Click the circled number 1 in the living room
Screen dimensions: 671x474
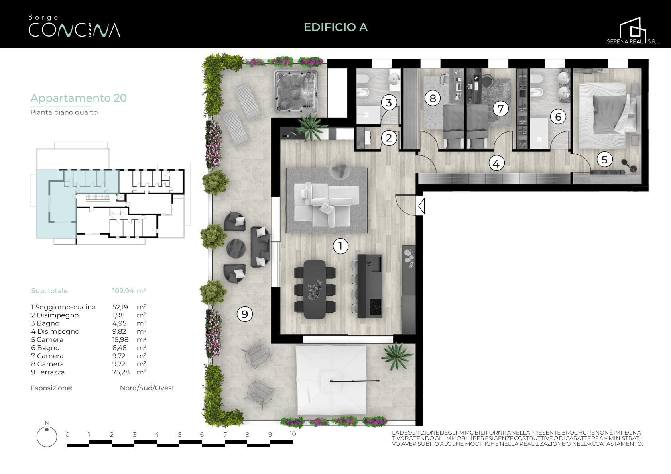click(340, 246)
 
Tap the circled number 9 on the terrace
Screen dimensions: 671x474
click(245, 314)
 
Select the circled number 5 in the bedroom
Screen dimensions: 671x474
click(604, 159)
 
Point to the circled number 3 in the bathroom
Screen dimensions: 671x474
click(389, 102)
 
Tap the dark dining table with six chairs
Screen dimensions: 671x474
click(315, 289)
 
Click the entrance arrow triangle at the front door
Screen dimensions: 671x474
click(421, 206)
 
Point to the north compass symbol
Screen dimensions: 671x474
click(47, 435)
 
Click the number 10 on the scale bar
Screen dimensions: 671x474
click(293, 434)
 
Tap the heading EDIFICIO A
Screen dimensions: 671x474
click(336, 27)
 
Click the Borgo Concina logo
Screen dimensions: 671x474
click(74, 26)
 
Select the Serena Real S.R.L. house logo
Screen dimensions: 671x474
click(634, 31)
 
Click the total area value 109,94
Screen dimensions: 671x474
click(123, 290)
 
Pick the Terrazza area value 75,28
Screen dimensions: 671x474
click(121, 372)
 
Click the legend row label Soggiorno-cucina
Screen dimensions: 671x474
click(66, 307)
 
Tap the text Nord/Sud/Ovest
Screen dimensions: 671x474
click(147, 388)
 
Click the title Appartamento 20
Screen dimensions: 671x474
click(79, 98)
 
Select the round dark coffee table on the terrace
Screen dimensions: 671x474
click(236, 248)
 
